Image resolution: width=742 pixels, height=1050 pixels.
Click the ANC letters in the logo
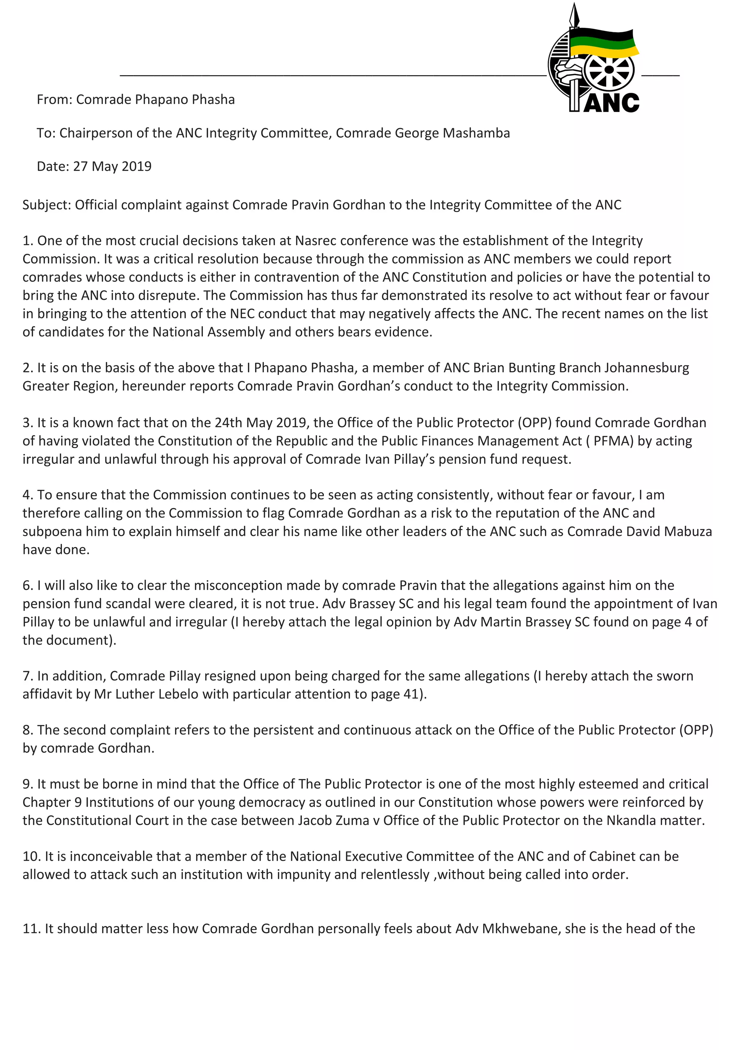611,103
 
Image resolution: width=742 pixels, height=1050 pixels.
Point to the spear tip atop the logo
575,14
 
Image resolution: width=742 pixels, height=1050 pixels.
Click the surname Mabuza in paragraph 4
688,532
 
